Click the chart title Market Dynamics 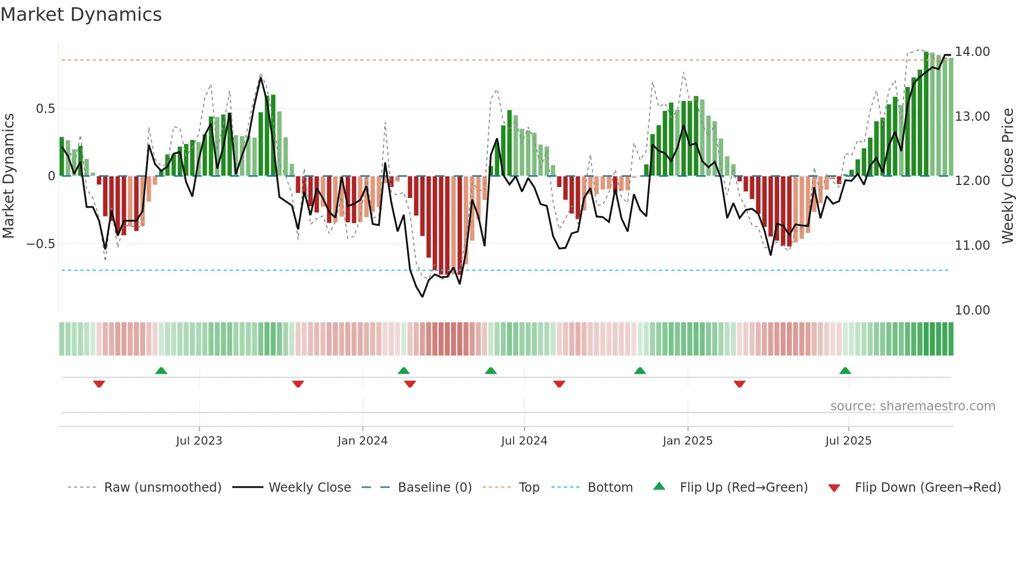(81, 15)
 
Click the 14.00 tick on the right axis (972, 52)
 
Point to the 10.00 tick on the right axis (972, 310)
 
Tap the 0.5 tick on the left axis (45, 109)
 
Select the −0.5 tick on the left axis (40, 244)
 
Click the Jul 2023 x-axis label (199, 441)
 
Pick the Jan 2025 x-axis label (687, 441)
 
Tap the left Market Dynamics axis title (8, 176)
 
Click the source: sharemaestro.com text (912, 406)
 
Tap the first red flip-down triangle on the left (99, 384)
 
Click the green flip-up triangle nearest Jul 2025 (845, 370)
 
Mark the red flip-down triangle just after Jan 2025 (739, 384)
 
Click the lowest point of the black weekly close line (422, 296)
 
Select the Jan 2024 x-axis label (362, 441)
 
